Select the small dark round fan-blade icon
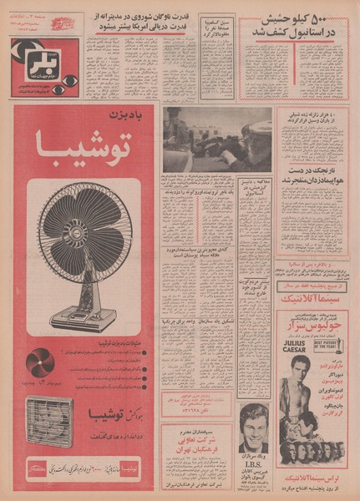click(39, 362)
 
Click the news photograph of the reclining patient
click(217, 138)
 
